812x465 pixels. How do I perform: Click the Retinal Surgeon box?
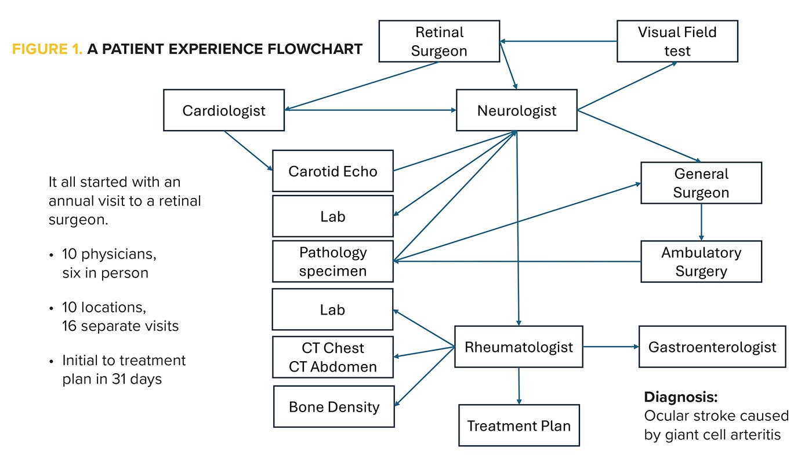[x=439, y=41]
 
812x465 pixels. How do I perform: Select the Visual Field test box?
[x=677, y=41]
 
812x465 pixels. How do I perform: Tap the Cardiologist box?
[x=224, y=110]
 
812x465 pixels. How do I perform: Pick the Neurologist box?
[x=516, y=110]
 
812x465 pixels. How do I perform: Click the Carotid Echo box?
[x=333, y=171]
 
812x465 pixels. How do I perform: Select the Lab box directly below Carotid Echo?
[x=333, y=217]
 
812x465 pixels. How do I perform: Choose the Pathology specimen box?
[x=333, y=261]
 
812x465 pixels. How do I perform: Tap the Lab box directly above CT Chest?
[x=333, y=309]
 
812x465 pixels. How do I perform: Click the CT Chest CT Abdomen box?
[x=333, y=357]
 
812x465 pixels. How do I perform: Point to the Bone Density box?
[x=334, y=406]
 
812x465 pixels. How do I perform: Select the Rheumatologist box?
[x=519, y=347]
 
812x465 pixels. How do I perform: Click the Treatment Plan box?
[x=519, y=426]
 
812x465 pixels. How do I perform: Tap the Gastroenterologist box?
[x=712, y=347]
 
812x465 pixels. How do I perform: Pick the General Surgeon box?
[x=701, y=183]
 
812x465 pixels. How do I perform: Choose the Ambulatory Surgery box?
[x=701, y=262]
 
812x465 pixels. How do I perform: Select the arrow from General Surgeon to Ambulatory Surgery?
[x=701, y=222]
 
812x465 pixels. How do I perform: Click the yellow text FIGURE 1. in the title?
[x=48, y=49]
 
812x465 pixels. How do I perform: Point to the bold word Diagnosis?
[x=681, y=398]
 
